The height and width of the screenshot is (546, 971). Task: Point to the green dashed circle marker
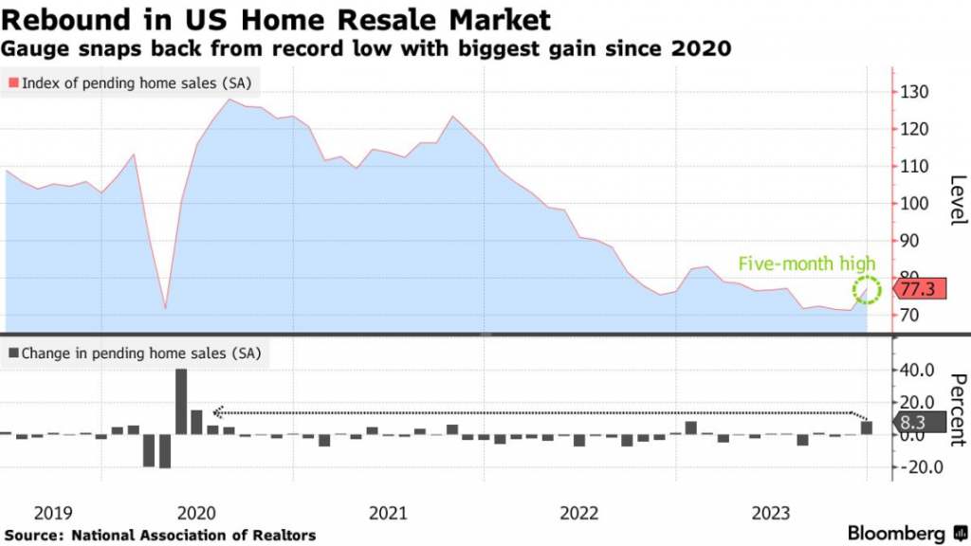(867, 290)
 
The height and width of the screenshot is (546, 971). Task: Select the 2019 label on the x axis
(53, 513)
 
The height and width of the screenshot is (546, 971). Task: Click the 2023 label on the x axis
(769, 513)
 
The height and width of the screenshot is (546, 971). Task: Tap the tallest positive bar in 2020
(181, 401)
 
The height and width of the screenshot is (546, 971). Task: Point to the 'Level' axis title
(956, 200)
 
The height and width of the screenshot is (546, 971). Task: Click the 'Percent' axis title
(956, 403)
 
